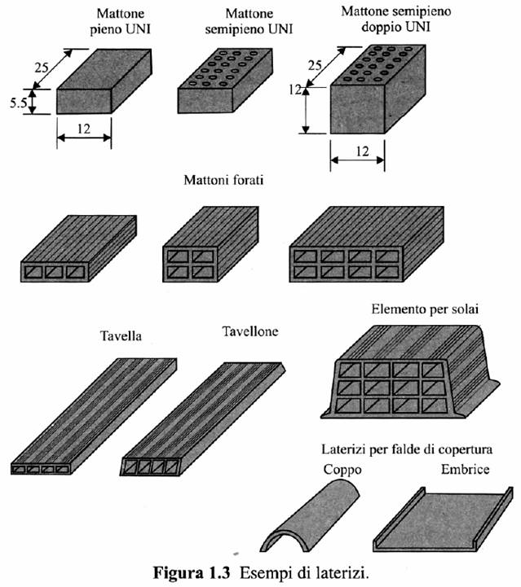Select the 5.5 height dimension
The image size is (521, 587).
click(16, 102)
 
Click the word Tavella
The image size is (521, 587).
click(121, 336)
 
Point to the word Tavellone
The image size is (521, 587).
click(250, 331)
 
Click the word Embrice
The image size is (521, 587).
click(465, 470)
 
